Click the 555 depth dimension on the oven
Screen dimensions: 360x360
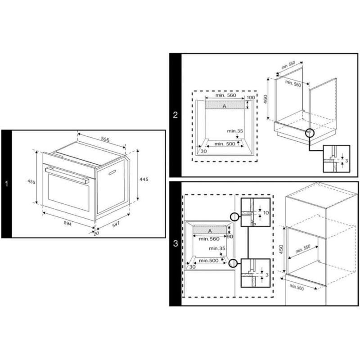105,139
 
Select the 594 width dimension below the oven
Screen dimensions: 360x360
67,223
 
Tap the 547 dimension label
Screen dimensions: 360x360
116,224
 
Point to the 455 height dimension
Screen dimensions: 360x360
31,181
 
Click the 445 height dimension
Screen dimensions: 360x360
144,179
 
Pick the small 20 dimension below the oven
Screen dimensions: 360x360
96,234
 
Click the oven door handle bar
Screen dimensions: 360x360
67,175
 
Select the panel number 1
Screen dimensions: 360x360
6,184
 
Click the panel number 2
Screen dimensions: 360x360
175,115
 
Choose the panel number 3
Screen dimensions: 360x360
175,243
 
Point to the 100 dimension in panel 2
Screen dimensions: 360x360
251,97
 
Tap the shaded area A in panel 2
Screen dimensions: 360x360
225,106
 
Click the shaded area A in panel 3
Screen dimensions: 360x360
210,230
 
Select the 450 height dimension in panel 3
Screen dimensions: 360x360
281,250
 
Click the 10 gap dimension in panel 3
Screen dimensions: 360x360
266,213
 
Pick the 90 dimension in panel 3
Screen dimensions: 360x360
230,237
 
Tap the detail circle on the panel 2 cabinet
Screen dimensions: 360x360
309,133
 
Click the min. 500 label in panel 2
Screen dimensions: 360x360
225,144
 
